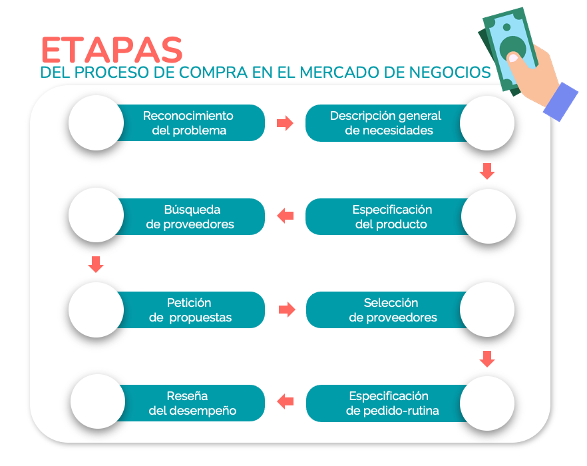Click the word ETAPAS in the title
pos(112,50)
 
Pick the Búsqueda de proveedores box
pos(190,216)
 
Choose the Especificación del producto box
pos(387,216)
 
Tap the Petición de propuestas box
pos(190,310)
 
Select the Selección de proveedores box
pos(387,310)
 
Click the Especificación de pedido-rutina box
pos(387,403)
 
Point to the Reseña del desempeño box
pos(191,403)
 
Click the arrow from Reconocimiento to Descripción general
pos(285,123)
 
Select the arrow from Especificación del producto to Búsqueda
pos(286,216)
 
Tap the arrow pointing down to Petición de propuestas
pos(96,264)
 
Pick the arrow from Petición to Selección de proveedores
pos(287,310)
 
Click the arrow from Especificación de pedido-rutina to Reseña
pos(286,401)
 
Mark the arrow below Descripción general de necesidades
pos(487,171)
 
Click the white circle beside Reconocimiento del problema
pos(97,123)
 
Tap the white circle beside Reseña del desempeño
pos(98,401)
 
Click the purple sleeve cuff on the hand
pos(560,102)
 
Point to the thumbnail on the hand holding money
pos(513,58)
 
